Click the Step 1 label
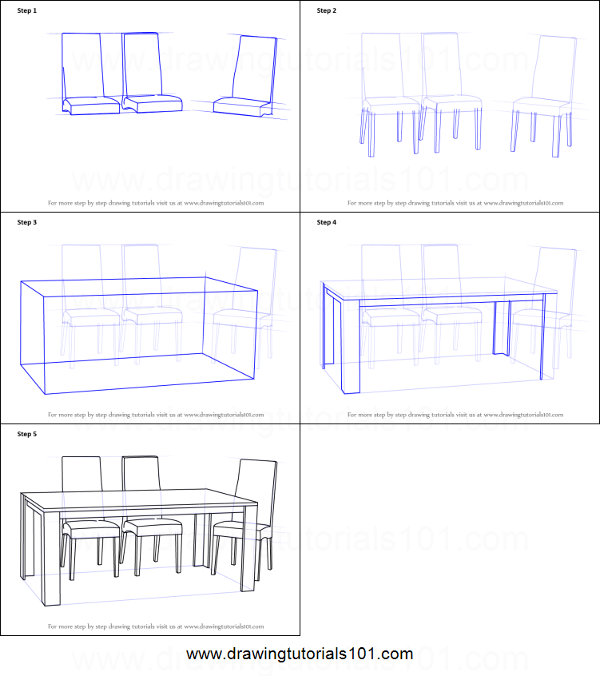[27, 10]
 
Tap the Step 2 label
[327, 10]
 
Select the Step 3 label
[27, 222]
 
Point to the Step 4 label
[327, 222]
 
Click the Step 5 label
[27, 434]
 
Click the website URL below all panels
[300, 654]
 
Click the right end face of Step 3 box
[231, 328]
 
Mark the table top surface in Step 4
[439, 288]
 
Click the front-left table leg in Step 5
[53, 559]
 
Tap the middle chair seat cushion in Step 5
[153, 527]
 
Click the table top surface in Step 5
[140, 501]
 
